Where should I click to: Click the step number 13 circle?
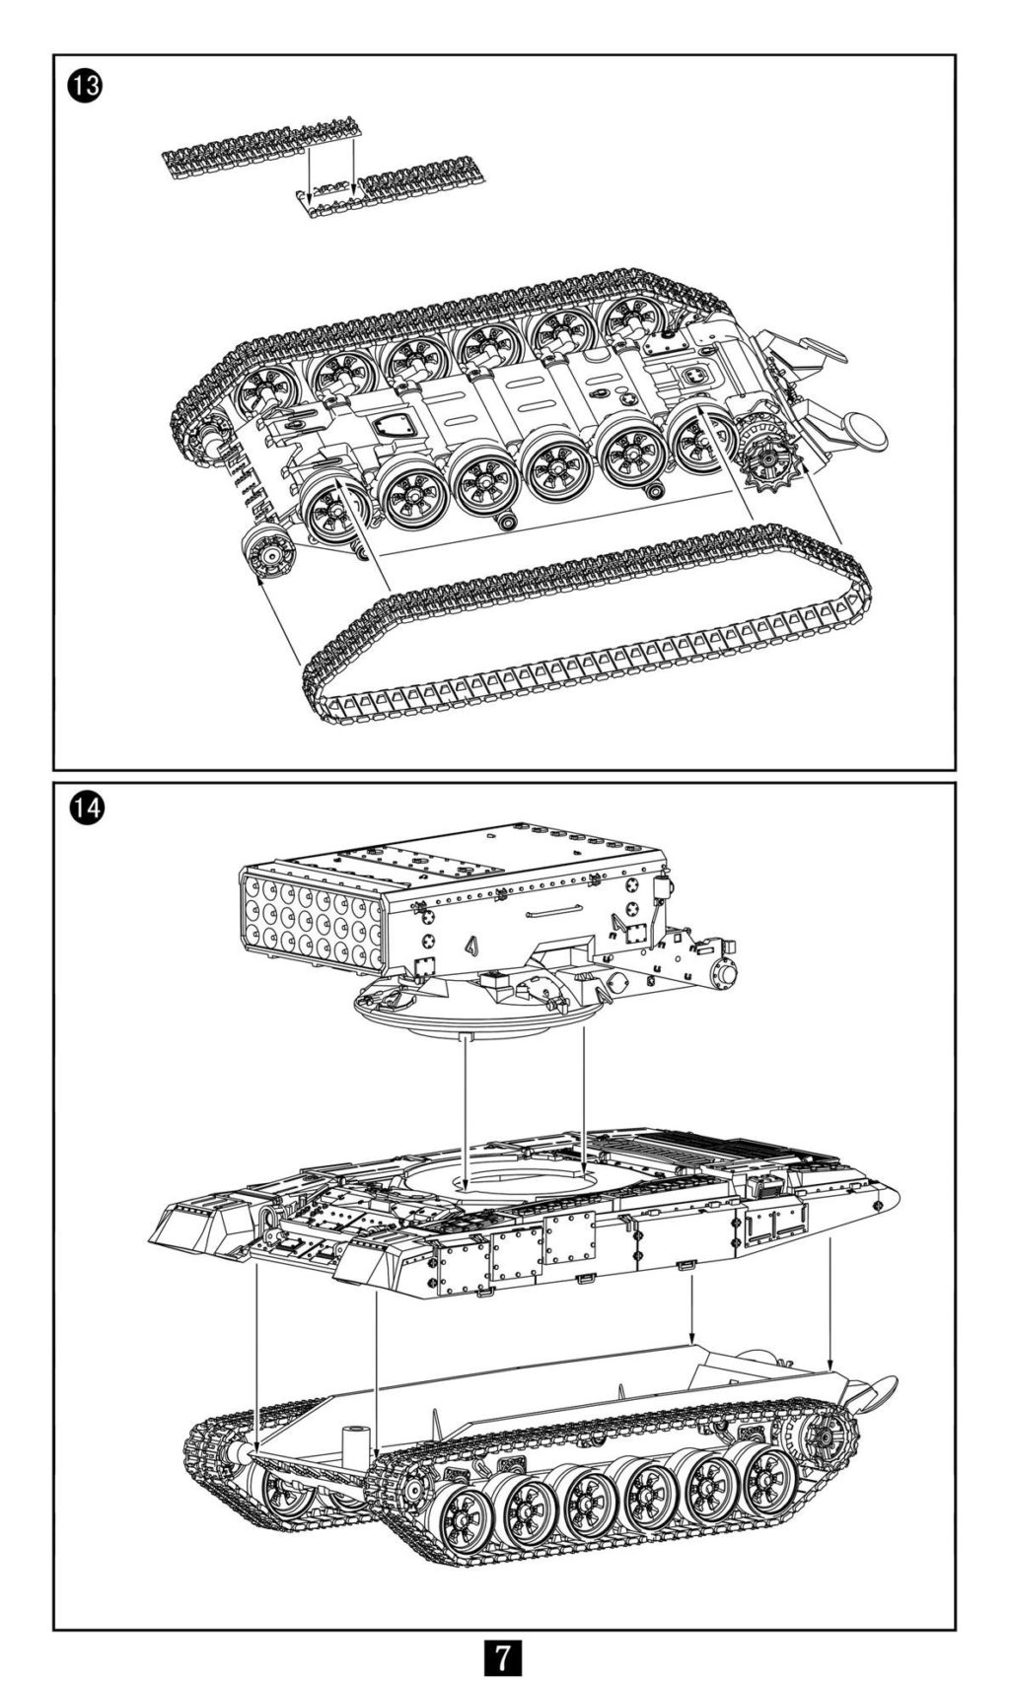[x=85, y=86]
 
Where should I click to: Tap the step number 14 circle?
[x=85, y=810]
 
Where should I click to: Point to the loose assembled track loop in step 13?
[x=592, y=631]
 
